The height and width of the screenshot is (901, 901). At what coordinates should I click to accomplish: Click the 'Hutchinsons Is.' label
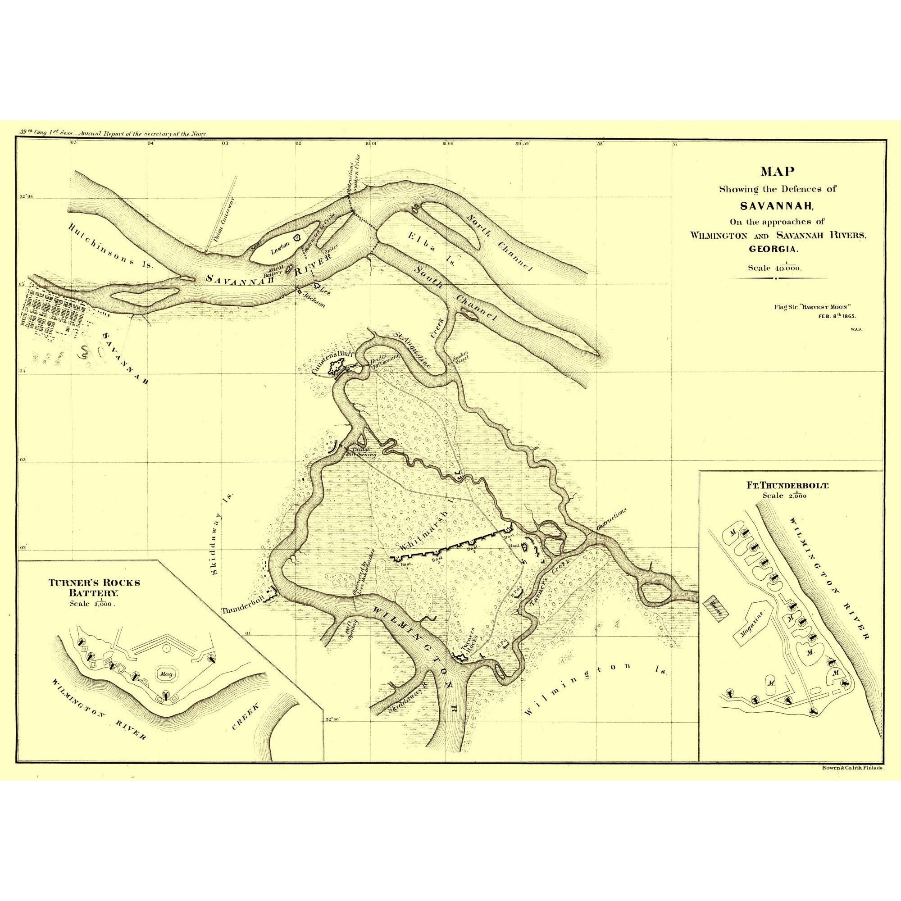(110, 244)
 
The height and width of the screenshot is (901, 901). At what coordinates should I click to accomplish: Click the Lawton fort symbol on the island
(296, 238)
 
